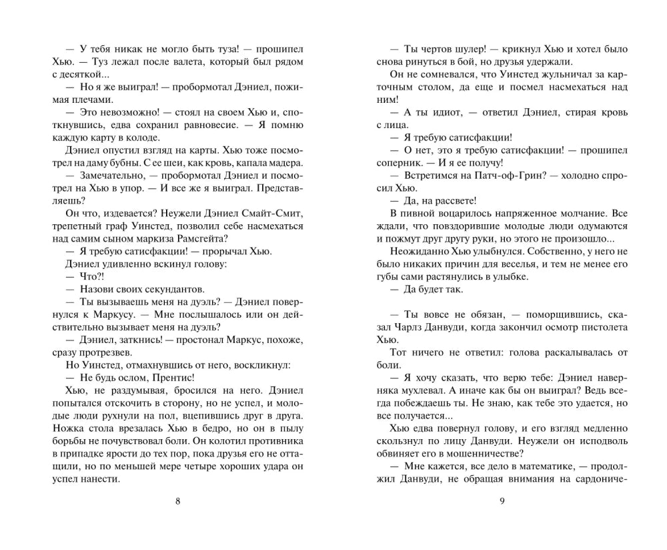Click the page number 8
tap(177, 503)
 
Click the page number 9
tap(502, 503)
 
